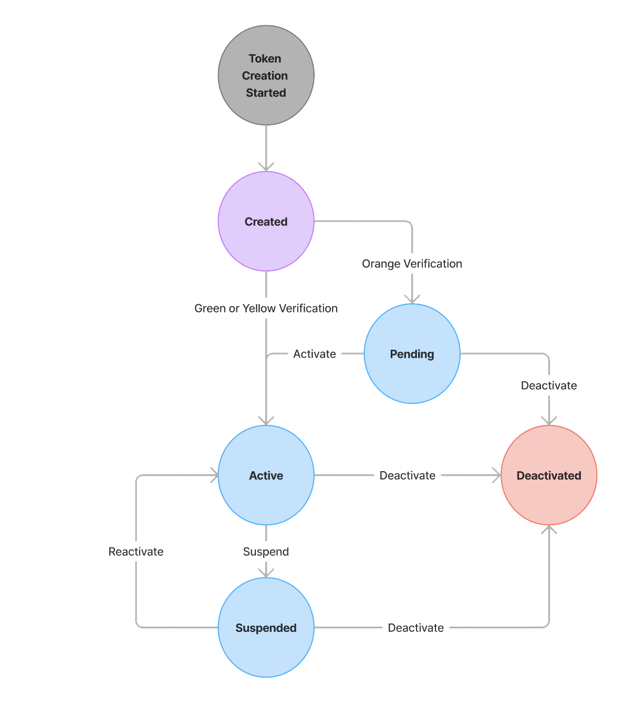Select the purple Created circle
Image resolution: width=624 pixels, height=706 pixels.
266,221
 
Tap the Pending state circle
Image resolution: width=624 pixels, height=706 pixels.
412,354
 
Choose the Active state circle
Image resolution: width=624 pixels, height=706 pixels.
266,475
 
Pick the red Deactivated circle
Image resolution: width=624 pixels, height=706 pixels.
548,475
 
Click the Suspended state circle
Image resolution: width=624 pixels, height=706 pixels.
266,627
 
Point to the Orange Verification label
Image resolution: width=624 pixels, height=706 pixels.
412,264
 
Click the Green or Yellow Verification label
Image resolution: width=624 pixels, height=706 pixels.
266,308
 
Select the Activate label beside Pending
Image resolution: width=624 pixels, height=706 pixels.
314,354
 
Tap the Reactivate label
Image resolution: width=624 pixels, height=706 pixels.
136,552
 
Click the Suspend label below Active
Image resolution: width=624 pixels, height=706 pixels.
266,552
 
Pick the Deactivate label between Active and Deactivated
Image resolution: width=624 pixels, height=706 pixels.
407,475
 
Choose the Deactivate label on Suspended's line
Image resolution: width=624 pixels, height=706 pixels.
415,628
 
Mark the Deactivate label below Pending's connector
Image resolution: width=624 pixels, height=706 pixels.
548,386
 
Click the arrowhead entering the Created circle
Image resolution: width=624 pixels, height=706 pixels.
266,167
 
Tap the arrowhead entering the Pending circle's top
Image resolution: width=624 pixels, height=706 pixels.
412,299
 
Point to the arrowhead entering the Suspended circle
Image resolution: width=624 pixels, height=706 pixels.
266,573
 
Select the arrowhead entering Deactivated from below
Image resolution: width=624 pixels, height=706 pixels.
548,529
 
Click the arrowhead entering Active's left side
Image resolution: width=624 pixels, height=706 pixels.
214,475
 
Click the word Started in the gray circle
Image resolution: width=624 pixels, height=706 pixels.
266,93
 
